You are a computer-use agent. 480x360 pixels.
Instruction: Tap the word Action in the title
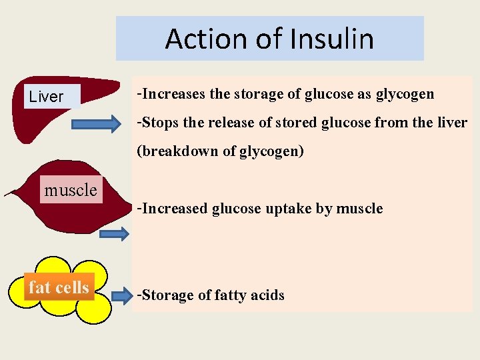tap(208, 39)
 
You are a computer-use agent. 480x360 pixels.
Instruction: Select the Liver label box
tap(46, 97)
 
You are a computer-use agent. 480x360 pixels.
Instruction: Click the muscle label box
tap(70, 191)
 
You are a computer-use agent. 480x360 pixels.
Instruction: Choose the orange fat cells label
tap(59, 287)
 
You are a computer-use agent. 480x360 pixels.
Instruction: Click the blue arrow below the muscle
tap(115, 233)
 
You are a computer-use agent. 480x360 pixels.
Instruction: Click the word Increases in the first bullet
tap(174, 94)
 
